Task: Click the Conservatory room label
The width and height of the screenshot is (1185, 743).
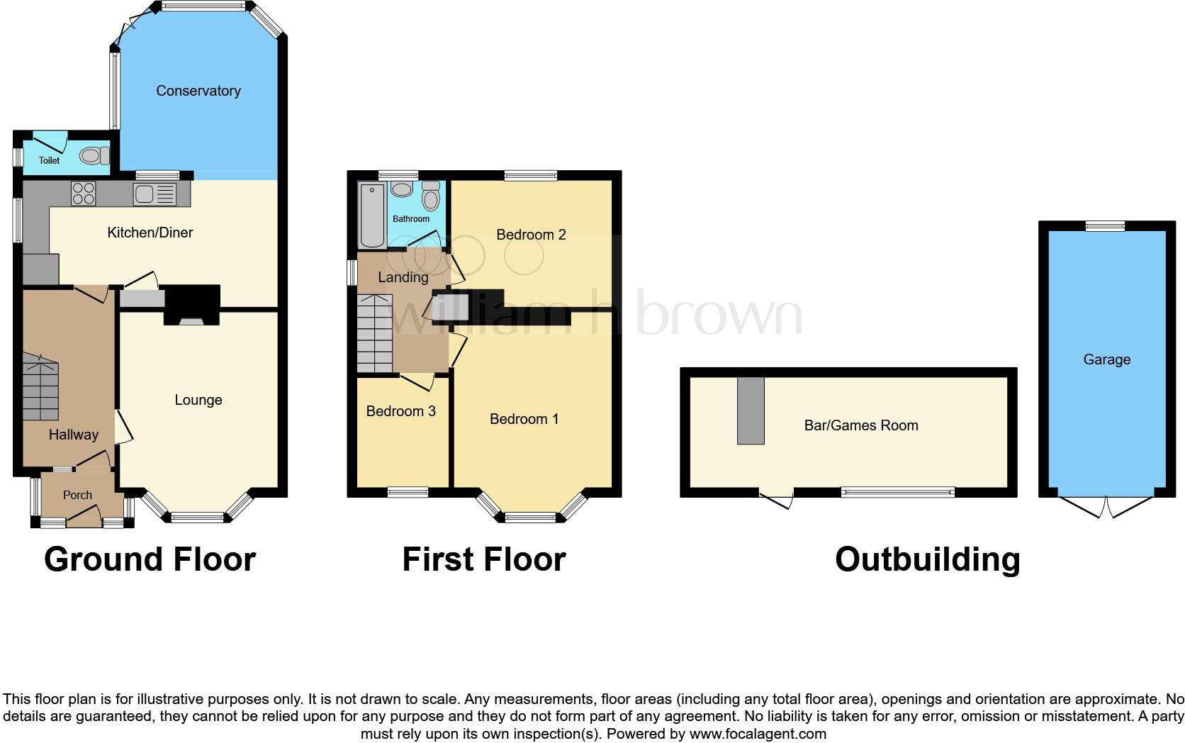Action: pyautogui.click(x=198, y=91)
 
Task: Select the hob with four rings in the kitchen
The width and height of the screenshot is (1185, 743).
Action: pyautogui.click(x=84, y=194)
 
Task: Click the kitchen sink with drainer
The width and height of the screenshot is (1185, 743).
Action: pyautogui.click(x=155, y=194)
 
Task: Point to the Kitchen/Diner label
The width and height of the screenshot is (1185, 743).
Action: pyautogui.click(x=150, y=233)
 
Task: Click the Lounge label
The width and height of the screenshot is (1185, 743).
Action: pyautogui.click(x=198, y=400)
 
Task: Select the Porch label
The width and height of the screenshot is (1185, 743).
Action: pyautogui.click(x=77, y=495)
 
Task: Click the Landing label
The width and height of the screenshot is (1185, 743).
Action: pyautogui.click(x=403, y=277)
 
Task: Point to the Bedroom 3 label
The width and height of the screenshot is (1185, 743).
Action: pyautogui.click(x=400, y=411)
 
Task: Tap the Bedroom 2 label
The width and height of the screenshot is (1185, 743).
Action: pyautogui.click(x=531, y=235)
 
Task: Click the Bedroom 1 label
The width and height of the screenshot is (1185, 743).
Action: pyautogui.click(x=524, y=419)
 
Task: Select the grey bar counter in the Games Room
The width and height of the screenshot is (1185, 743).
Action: pyautogui.click(x=751, y=410)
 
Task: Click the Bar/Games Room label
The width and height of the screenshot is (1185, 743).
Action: pyautogui.click(x=860, y=425)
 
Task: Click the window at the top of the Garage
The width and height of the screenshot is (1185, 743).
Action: pyautogui.click(x=1106, y=225)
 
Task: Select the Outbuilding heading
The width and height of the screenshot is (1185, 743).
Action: pyautogui.click(x=927, y=559)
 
